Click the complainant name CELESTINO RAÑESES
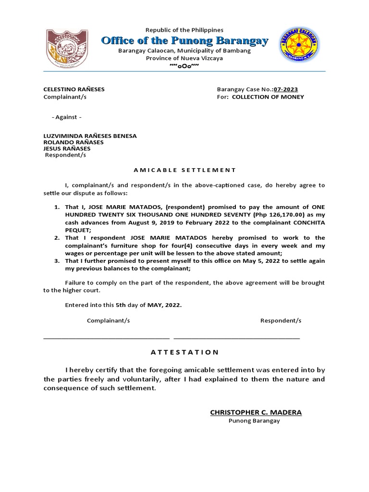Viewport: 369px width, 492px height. tap(74, 89)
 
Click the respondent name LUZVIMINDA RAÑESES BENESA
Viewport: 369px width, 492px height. tap(90, 136)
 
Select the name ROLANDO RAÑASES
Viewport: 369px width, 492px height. tap(74, 142)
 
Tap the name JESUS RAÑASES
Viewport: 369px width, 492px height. tap(67, 148)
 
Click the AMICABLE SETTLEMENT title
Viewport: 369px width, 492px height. tap(184, 170)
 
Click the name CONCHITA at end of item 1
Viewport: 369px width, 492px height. tap(307, 223)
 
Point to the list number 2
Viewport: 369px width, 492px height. tap(56, 238)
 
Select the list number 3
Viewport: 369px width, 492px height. tap(56, 261)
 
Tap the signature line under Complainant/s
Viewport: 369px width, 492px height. tap(106, 338)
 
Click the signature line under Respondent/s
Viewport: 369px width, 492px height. tap(236, 338)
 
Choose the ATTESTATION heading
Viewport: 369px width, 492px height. tap(184, 352)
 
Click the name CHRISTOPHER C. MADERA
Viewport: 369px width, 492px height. tap(256, 413)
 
